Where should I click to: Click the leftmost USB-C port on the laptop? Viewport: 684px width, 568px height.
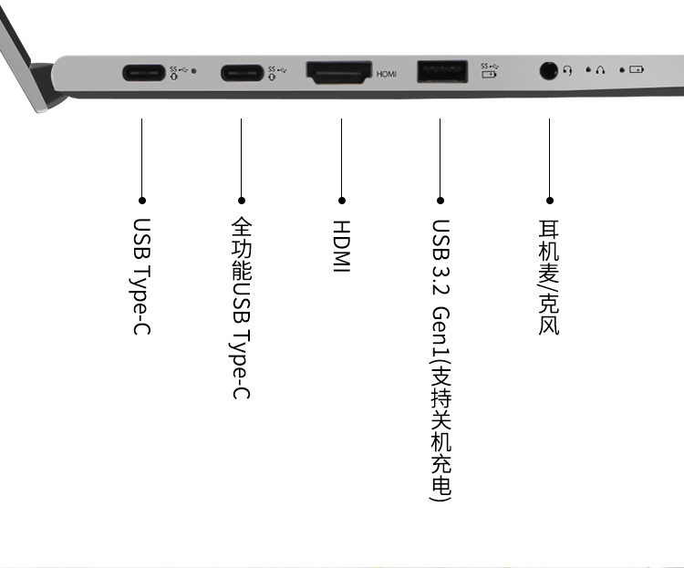(143, 72)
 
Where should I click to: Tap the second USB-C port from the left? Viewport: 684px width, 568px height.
(242, 72)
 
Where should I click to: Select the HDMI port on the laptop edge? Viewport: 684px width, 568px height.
(339, 72)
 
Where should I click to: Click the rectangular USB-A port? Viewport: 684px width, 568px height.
(442, 71)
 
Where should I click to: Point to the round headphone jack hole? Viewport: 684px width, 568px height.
(548, 70)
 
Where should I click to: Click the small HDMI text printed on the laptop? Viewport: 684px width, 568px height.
(387, 74)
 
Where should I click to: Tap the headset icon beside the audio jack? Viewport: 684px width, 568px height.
(567, 70)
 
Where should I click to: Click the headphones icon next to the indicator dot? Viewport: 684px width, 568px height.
(600, 70)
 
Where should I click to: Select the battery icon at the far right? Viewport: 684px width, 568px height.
(637, 69)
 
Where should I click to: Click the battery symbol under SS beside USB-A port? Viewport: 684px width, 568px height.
(489, 75)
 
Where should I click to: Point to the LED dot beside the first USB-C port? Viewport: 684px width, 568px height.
(193, 70)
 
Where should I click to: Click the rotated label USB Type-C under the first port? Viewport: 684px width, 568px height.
(141, 276)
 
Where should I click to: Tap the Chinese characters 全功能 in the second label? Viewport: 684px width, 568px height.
(242, 249)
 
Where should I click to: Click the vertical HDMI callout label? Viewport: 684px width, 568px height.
(342, 246)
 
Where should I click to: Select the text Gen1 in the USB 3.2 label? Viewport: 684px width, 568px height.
(440, 332)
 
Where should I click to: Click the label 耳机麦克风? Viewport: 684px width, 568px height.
(549, 277)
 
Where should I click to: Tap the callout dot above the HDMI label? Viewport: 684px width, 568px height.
(342, 201)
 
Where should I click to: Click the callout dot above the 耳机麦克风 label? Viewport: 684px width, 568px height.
(550, 201)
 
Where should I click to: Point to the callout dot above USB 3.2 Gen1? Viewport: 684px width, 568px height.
(440, 201)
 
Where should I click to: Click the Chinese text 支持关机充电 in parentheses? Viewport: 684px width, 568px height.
(440, 430)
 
